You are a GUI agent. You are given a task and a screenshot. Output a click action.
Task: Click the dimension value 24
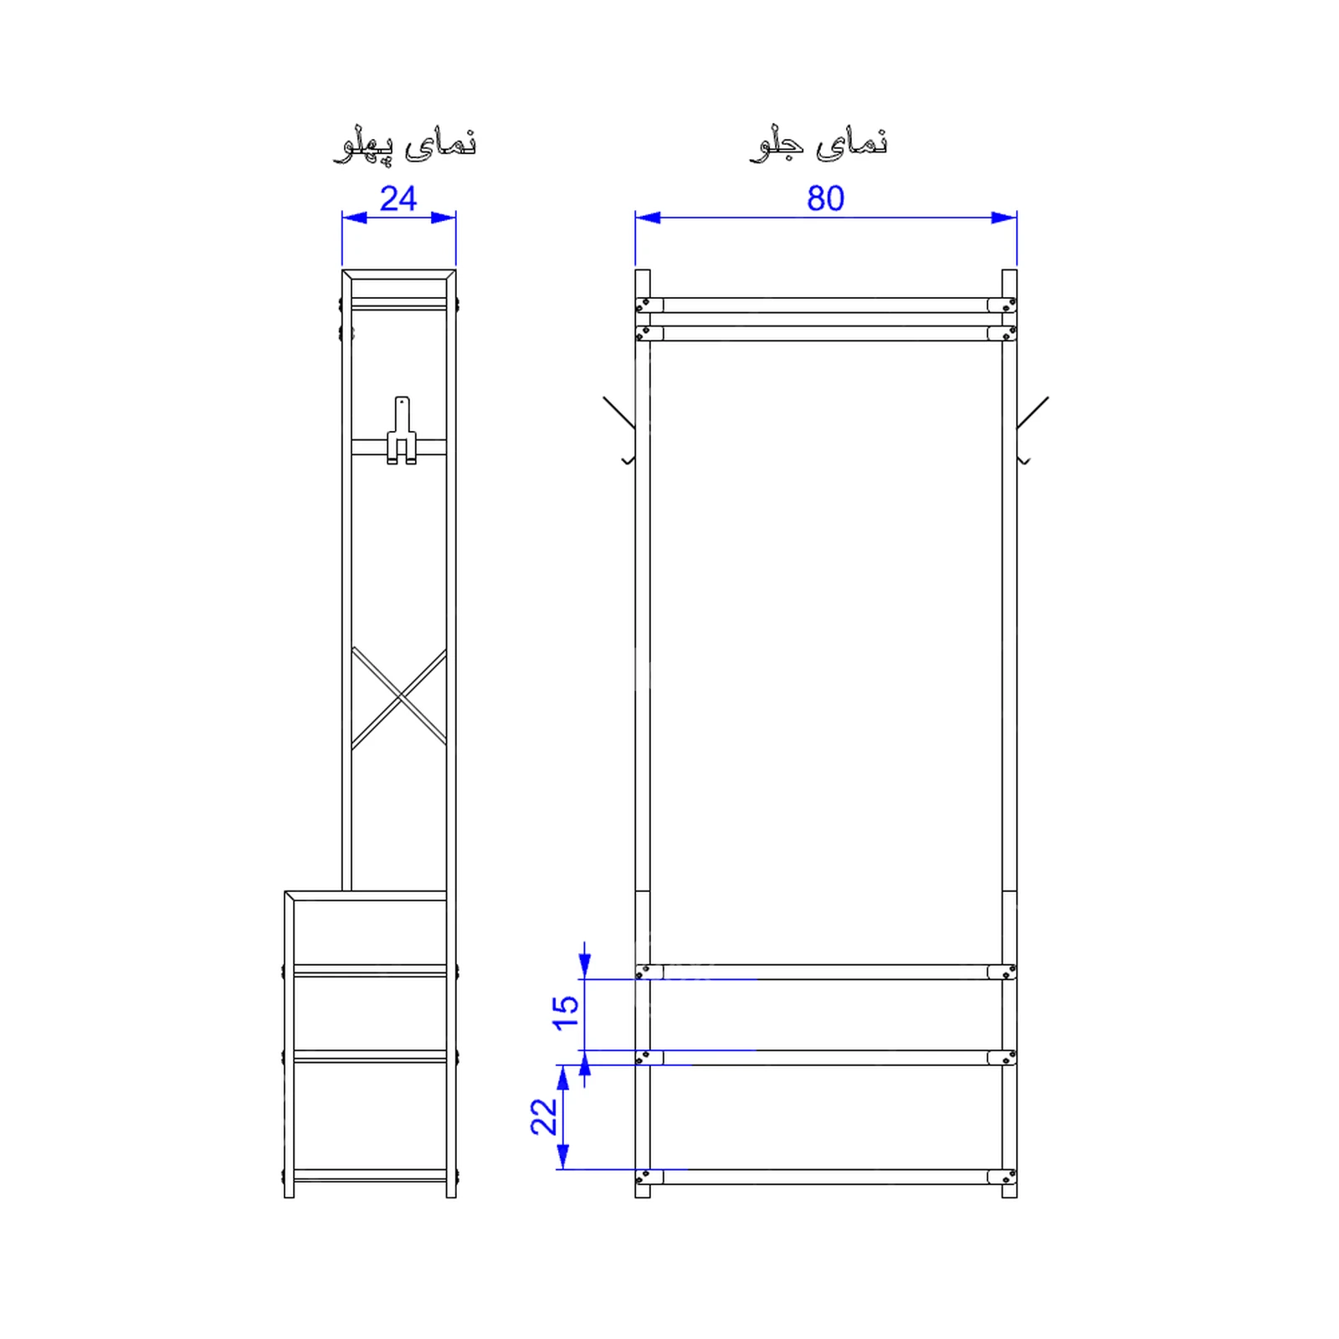(x=398, y=198)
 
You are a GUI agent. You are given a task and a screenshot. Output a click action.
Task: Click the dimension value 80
(x=825, y=198)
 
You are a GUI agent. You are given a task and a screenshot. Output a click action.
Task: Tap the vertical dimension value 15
(x=566, y=1013)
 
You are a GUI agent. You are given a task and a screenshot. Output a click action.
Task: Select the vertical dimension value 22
(x=544, y=1116)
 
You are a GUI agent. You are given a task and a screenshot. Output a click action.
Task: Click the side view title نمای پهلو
(x=405, y=144)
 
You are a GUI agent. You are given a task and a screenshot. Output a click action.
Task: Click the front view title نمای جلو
(x=818, y=143)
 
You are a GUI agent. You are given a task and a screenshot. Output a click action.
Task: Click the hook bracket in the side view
(x=402, y=430)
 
